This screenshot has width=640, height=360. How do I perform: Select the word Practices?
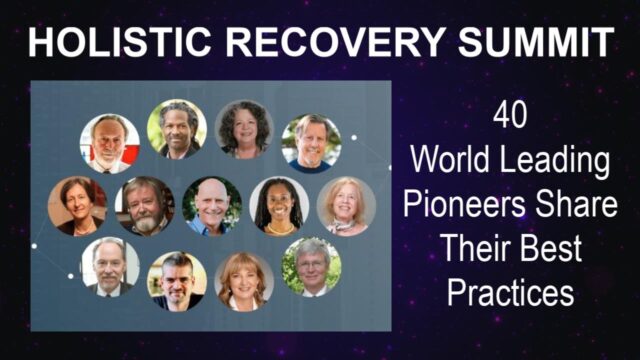click(511, 295)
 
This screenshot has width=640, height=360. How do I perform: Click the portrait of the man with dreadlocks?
click(177, 129)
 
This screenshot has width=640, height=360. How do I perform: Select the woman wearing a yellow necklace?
click(279, 206)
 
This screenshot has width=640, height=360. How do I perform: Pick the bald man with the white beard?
click(110, 143)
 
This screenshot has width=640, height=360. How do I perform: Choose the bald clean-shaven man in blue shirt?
click(212, 206)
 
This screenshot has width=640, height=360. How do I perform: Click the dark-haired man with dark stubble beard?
click(177, 280)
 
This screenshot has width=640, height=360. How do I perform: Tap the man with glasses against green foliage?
click(311, 266)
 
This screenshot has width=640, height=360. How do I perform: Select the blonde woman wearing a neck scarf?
click(346, 206)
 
